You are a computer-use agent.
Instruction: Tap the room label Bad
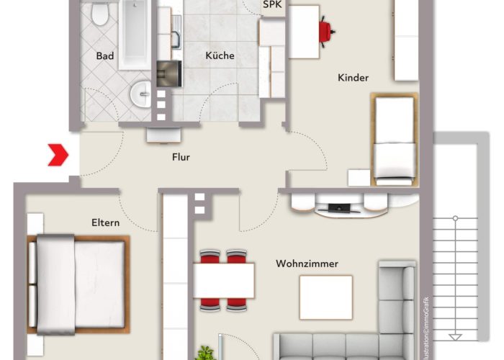(x=105, y=55)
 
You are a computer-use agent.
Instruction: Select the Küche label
(x=220, y=55)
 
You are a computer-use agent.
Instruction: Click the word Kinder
(x=353, y=78)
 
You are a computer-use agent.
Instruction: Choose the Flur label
(x=181, y=157)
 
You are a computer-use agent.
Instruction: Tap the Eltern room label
(x=105, y=222)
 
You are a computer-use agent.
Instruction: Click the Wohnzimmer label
(x=307, y=264)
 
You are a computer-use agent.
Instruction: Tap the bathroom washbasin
(x=142, y=94)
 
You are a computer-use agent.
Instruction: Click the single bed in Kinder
(x=395, y=140)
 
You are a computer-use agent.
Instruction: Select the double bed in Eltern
(x=78, y=284)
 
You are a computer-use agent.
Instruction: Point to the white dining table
(x=224, y=280)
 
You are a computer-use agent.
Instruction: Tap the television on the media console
(x=339, y=208)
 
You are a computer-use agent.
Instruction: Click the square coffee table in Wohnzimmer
(x=325, y=297)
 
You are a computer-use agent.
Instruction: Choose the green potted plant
(x=207, y=354)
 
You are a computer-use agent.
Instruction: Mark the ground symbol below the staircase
(x=454, y=336)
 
